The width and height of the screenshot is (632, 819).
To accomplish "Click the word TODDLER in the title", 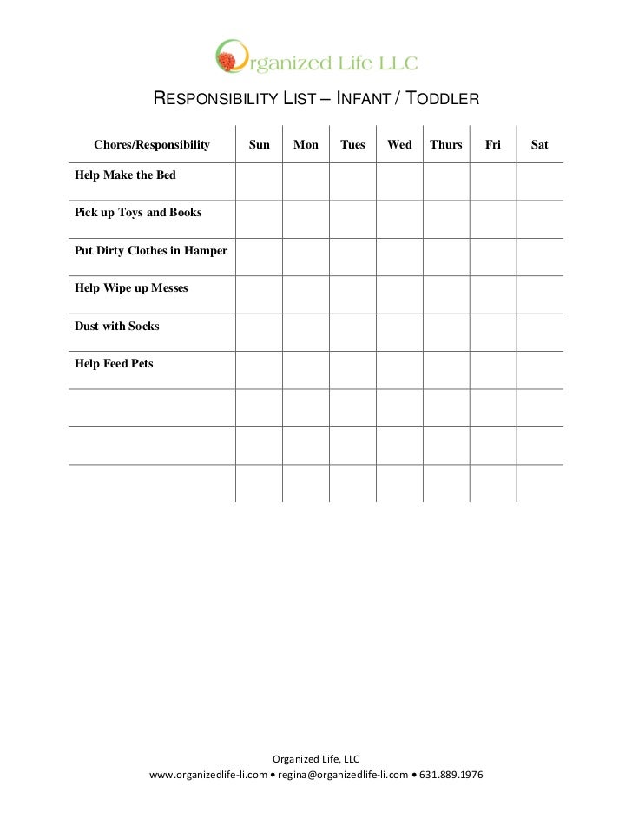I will (x=442, y=99).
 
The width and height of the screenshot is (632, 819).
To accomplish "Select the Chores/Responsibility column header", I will (x=152, y=144).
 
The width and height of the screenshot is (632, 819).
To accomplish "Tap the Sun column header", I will (x=260, y=144).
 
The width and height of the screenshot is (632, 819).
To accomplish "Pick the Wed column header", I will (x=399, y=144).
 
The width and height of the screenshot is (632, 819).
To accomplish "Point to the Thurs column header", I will (x=446, y=144).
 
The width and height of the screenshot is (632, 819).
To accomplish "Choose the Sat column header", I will (x=539, y=144).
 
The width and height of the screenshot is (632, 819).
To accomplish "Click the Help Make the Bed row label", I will (x=126, y=175).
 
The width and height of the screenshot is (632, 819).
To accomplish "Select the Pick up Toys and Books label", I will (x=139, y=213).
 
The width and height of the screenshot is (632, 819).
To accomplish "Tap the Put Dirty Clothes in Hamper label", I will (x=151, y=251).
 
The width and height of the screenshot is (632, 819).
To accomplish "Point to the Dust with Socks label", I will (x=117, y=327).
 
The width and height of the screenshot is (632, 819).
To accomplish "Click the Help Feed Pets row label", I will (x=115, y=364).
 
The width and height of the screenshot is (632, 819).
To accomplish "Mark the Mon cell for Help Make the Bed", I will (x=306, y=182).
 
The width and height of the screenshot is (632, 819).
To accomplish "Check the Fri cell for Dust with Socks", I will (x=493, y=333).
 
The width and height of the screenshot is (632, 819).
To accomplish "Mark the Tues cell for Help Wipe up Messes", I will (x=352, y=294).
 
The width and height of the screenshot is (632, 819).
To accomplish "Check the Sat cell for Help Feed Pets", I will (x=540, y=370).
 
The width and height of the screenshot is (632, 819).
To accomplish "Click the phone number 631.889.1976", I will (x=451, y=775).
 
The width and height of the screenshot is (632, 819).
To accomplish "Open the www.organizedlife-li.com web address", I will (x=208, y=775).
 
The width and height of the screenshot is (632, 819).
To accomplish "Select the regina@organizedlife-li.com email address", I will (x=343, y=775).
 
